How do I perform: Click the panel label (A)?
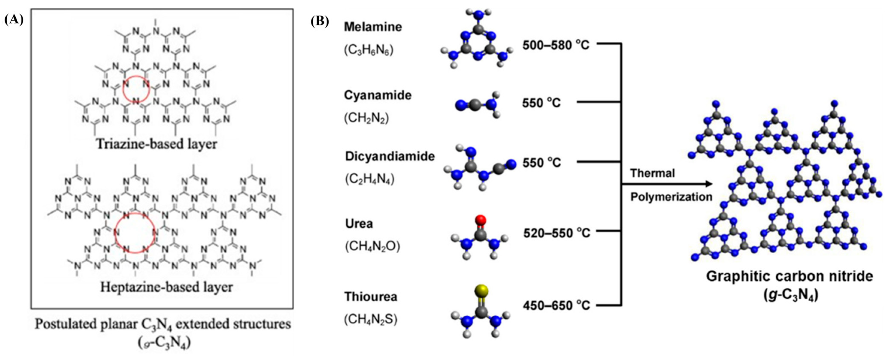[x=14, y=20]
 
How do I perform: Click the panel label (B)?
[x=319, y=21]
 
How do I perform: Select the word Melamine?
[x=373, y=27]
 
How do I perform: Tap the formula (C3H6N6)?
[x=368, y=50]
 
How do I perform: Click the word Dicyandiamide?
[x=390, y=156]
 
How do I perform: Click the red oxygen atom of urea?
[x=480, y=220]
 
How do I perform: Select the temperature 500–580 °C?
[x=556, y=45]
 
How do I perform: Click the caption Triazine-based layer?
[x=157, y=144]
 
